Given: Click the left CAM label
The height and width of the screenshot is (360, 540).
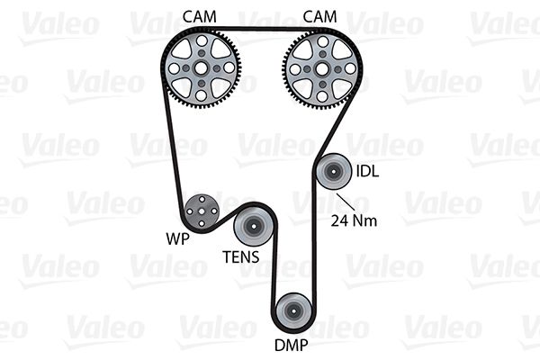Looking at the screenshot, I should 199,15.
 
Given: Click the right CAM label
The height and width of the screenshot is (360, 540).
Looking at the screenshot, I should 320,15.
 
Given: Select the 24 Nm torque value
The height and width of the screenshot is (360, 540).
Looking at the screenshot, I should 352,219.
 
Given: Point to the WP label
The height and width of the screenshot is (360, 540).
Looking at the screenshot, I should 176,240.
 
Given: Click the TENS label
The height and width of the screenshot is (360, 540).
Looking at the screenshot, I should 241,257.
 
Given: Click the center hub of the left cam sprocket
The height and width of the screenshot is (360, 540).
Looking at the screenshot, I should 203,67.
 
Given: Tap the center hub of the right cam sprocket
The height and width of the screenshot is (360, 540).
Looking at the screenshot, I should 321,67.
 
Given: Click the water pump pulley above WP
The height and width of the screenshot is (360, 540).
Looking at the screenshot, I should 200,212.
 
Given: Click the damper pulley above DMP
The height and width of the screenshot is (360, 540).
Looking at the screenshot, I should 293,312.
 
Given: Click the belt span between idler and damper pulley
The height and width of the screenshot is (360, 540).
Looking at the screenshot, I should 312,243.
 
